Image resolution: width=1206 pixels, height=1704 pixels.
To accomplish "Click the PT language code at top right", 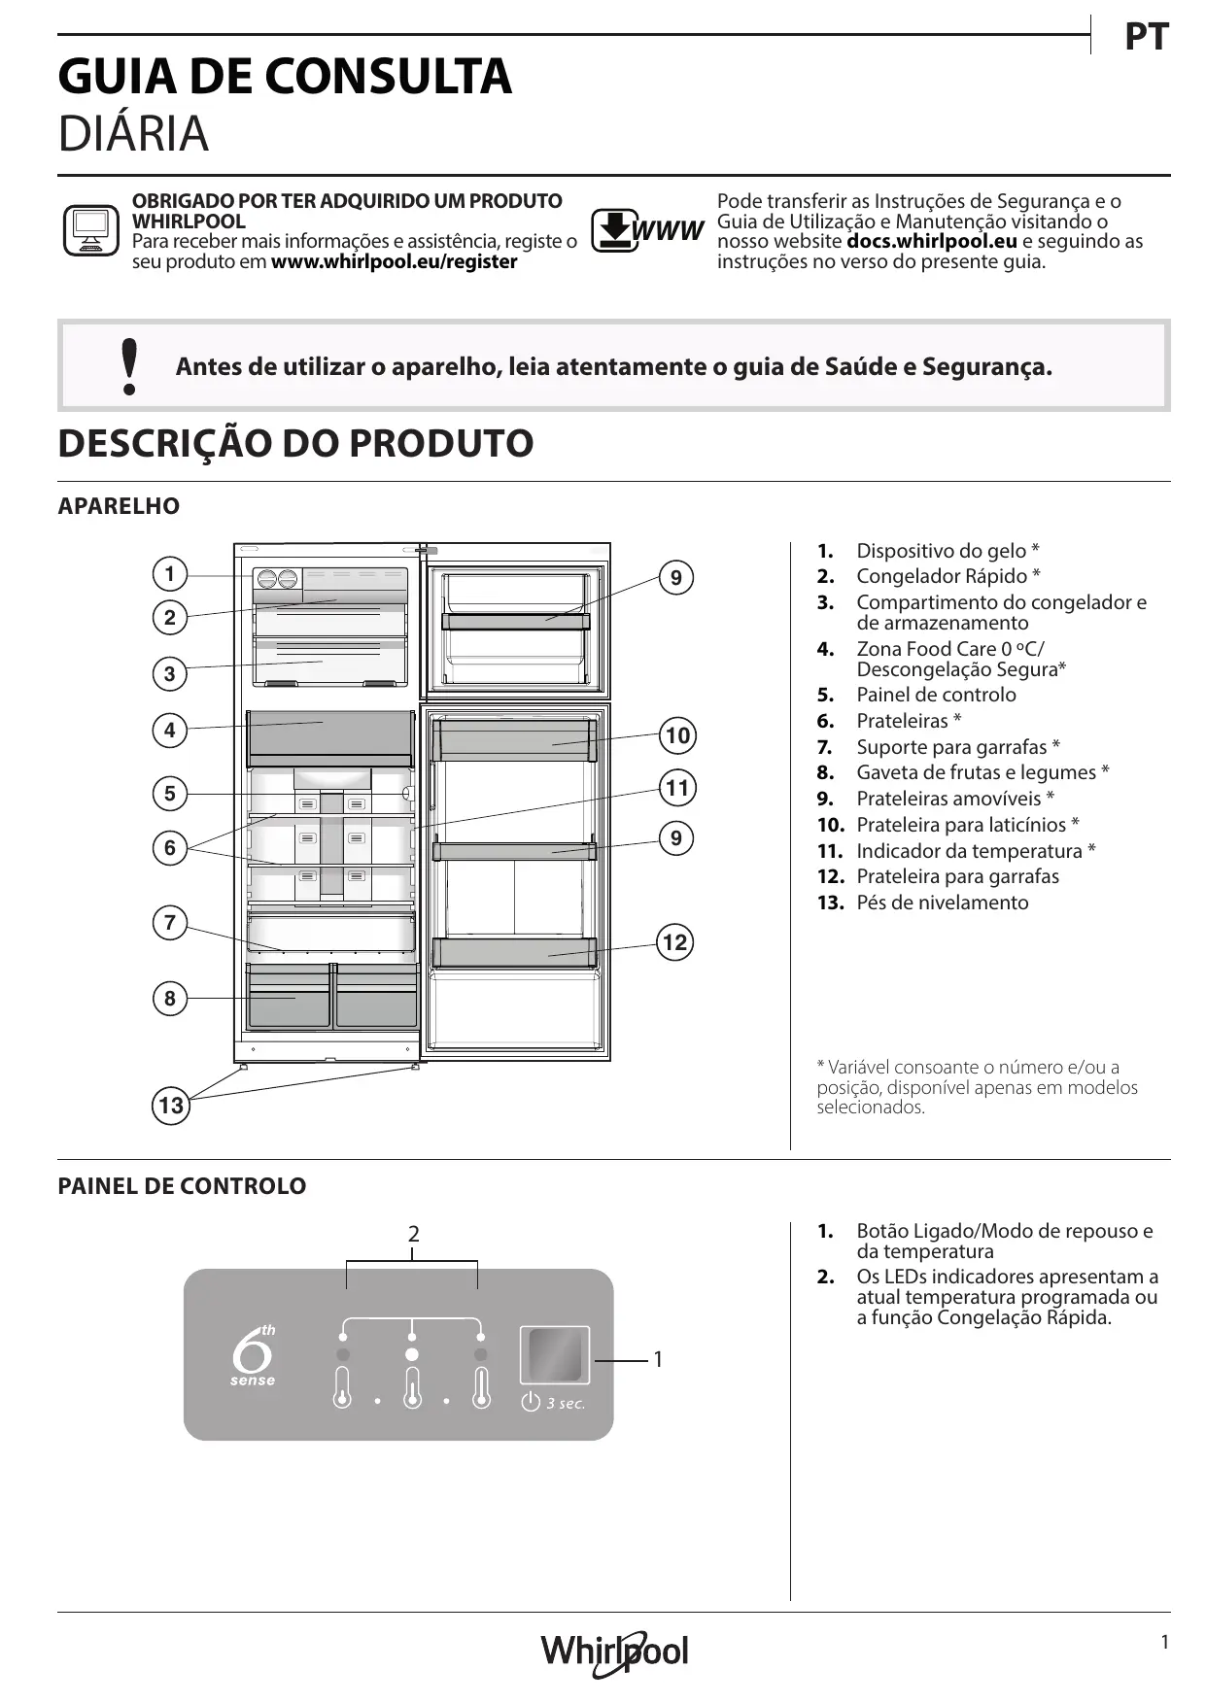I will click(x=1146, y=38).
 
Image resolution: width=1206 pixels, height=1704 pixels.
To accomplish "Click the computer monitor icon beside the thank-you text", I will click(x=90, y=230).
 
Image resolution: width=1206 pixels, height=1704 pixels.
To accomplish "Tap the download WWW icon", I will click(x=647, y=230).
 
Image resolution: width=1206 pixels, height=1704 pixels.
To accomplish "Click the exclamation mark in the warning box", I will click(x=128, y=366).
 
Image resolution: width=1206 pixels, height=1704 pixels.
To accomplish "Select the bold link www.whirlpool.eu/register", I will click(x=394, y=261).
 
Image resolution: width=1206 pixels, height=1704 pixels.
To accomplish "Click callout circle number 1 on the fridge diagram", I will click(x=170, y=574).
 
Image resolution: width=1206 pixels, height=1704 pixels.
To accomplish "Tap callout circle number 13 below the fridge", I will click(x=171, y=1106).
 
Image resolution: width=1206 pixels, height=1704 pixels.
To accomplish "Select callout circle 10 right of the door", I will click(x=677, y=735).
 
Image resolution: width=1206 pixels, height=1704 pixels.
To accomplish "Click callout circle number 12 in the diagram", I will click(x=674, y=942).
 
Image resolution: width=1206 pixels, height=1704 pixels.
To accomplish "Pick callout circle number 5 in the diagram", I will click(x=170, y=794).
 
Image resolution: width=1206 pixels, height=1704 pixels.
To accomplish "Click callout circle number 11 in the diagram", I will click(x=677, y=787).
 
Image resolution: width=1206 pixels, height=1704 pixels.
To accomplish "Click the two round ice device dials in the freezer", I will click(x=277, y=579).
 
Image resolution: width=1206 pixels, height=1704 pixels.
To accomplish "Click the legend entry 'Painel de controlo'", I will click(x=936, y=695).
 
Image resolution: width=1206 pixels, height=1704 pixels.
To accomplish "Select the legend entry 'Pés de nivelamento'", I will click(x=942, y=903).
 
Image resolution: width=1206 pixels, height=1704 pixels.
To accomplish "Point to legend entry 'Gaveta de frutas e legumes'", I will click(x=982, y=772).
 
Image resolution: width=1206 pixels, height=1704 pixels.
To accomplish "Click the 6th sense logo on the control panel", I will click(x=253, y=1354).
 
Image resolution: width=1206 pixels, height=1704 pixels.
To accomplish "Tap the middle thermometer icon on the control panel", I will click(x=412, y=1388).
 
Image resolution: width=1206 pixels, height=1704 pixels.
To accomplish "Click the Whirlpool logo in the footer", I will click(x=614, y=1652).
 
